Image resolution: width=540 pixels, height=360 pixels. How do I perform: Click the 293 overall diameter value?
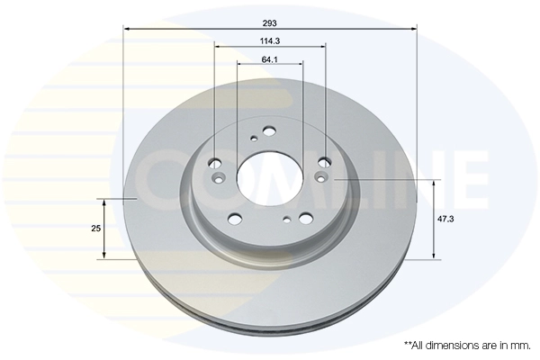tap(270, 23)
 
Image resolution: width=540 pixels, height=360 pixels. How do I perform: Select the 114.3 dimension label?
tap(270, 41)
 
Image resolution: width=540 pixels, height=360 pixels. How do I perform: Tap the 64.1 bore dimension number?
tap(270, 59)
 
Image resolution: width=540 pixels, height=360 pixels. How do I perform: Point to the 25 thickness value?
tap(95, 228)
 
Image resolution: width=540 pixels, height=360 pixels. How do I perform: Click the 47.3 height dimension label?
tap(445, 219)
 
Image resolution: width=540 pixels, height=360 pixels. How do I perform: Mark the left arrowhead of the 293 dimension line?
tap(126, 29)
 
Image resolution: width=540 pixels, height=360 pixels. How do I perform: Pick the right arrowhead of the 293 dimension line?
tap(414, 29)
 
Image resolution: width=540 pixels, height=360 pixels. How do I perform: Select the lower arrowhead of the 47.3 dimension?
tap(434, 255)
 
